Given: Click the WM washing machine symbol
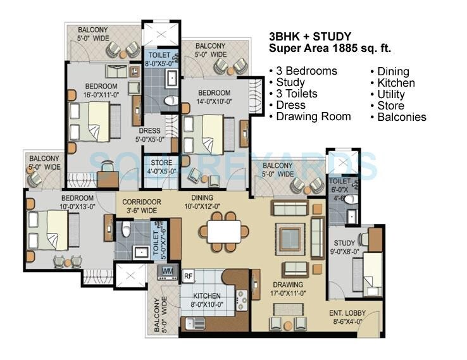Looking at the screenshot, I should pos(167,271).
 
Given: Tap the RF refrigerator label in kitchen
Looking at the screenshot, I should pos(189,275).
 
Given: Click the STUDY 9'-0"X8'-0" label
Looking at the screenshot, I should pos(345,246).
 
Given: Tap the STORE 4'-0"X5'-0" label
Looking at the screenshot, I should pos(161,166).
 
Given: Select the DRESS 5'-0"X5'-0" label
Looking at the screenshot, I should pos(152,135).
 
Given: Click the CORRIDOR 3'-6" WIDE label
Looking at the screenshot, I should pos(142,206).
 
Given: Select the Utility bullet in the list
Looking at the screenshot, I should pos(391,94).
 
